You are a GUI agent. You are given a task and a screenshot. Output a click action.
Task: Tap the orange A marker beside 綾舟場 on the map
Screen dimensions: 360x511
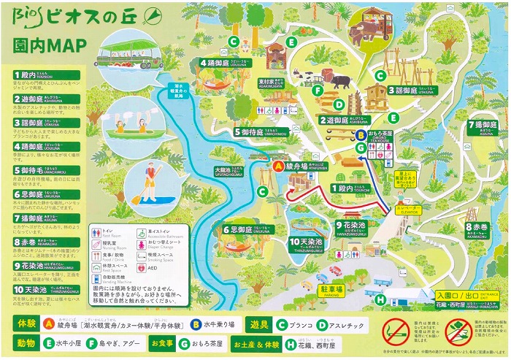click(x=277, y=166)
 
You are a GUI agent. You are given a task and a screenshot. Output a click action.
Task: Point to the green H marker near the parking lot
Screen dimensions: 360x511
click(x=380, y=299)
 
